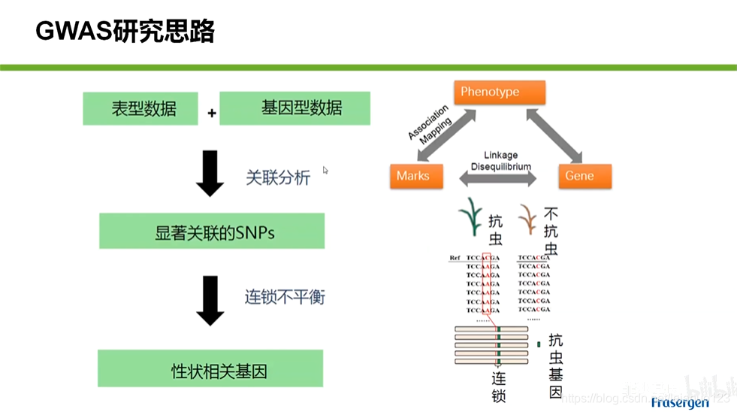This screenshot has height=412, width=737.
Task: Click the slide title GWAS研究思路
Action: click(125, 32)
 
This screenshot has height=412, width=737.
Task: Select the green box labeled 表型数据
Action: click(140, 109)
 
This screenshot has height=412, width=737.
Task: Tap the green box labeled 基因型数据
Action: click(294, 108)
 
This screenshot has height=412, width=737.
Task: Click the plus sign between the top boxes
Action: click(212, 113)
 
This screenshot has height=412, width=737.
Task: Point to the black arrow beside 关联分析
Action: click(210, 172)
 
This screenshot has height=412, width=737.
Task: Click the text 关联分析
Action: click(278, 178)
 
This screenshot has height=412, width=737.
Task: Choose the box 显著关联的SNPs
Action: click(212, 232)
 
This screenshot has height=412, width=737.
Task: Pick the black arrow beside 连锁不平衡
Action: click(210, 299)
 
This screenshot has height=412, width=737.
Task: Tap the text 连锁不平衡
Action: click(285, 297)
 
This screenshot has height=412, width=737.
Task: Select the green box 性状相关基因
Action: click(210, 369)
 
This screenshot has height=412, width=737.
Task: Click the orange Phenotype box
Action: click(499, 92)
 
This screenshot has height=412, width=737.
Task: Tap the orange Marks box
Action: click(415, 176)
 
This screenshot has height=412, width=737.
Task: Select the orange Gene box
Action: click(584, 176)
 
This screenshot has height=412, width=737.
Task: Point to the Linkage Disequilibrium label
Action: click(500, 161)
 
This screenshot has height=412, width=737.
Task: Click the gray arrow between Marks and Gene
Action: click(498, 179)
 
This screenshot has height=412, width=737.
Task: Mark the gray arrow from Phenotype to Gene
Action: click(554, 136)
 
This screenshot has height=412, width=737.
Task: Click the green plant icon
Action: click(470, 217)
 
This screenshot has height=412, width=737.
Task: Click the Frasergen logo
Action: click(679, 403)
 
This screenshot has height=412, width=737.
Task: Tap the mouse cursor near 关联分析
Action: click(325, 171)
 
